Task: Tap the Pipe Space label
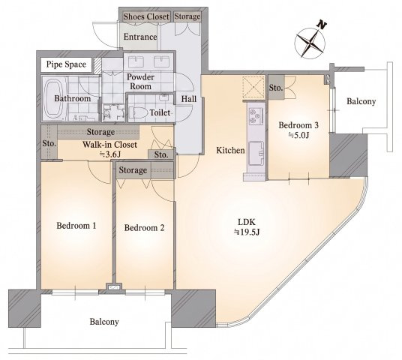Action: tap(66, 64)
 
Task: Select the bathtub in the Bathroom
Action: tap(53, 100)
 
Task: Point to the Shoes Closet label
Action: tap(146, 16)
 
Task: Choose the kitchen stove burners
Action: tap(256, 115)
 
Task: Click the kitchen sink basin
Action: tap(256, 153)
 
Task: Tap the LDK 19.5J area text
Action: tap(247, 226)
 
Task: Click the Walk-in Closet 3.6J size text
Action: tap(109, 154)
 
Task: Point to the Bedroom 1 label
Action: tap(76, 226)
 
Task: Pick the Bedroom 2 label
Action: tap(144, 228)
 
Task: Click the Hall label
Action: tap(189, 99)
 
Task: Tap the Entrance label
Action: tap(140, 37)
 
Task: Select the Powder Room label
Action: tap(140, 82)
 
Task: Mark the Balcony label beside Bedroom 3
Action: tap(361, 101)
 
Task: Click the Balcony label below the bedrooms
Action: tap(104, 322)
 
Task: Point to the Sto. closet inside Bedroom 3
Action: tap(276, 88)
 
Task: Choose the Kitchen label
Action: tap(230, 150)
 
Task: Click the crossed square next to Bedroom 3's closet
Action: tap(253, 87)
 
